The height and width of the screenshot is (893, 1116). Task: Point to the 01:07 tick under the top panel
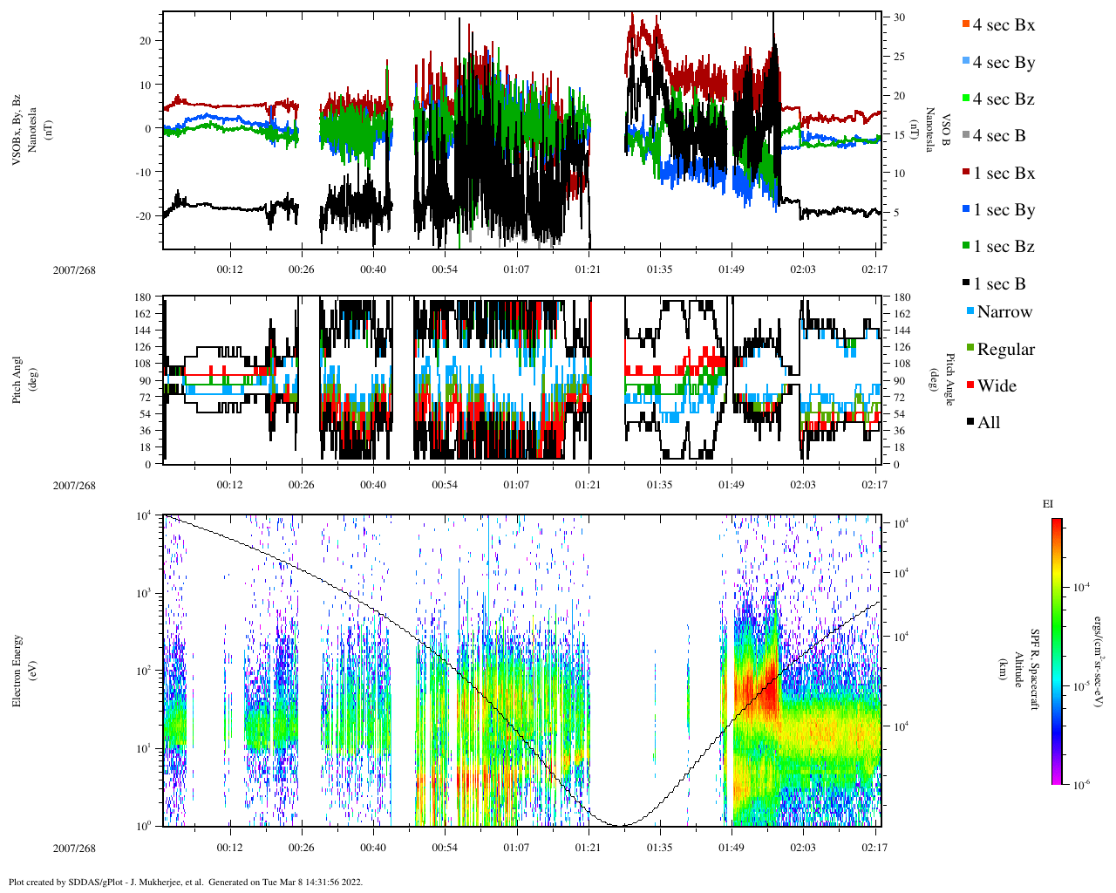coord(516,269)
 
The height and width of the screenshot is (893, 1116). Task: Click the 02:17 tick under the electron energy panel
coord(874,848)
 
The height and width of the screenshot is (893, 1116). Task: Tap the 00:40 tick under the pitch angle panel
coord(373,485)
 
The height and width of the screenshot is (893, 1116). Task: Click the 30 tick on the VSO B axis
coord(899,17)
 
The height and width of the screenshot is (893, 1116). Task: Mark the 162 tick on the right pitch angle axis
coord(902,314)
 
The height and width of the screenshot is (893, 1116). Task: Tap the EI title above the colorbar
coord(1048,504)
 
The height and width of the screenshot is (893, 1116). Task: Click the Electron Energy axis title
coord(17,670)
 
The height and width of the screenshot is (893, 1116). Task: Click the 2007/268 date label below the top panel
coord(74,270)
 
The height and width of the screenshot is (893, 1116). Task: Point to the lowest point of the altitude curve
coord(621,825)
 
